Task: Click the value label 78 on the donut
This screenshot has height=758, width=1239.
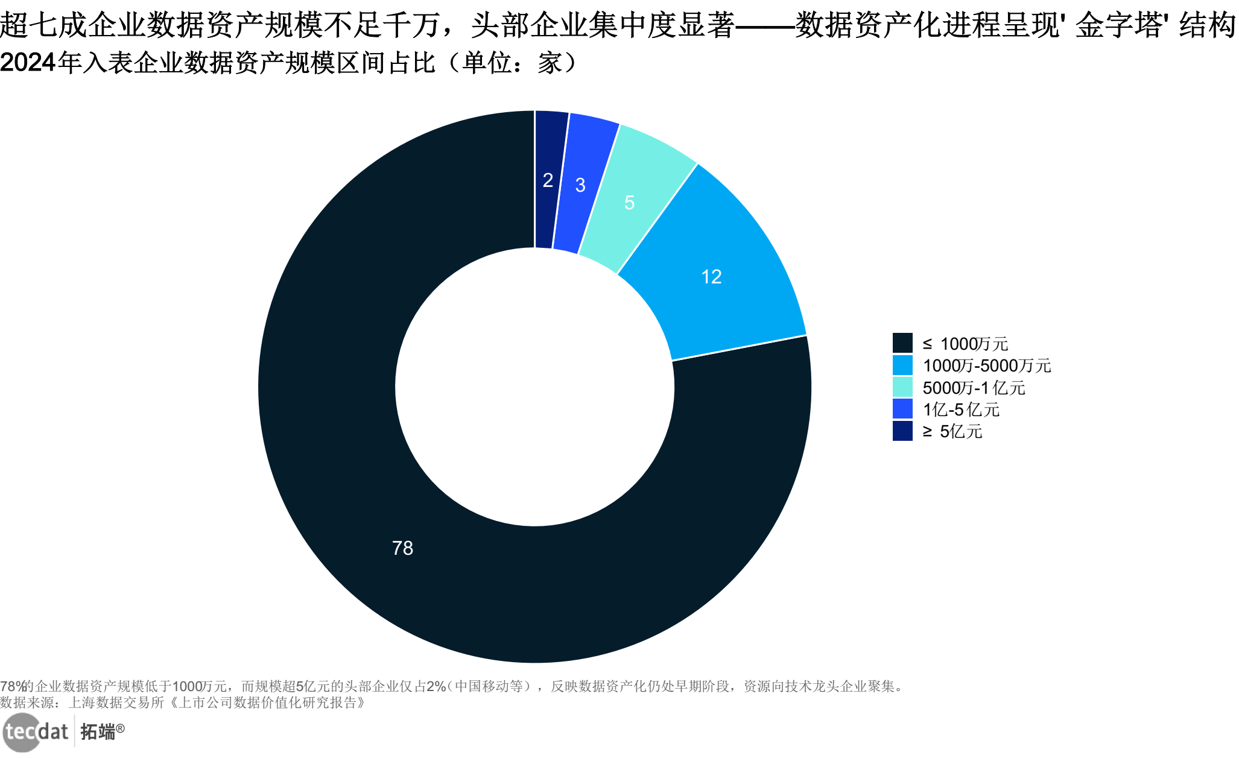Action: (x=402, y=548)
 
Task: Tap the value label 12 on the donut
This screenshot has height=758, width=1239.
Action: (x=711, y=277)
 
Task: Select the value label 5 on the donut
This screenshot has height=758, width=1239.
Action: (x=629, y=203)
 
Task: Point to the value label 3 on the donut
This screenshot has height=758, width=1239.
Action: (x=580, y=185)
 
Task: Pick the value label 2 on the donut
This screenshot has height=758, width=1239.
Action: (x=548, y=180)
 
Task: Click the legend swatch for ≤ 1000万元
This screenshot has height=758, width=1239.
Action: (x=902, y=343)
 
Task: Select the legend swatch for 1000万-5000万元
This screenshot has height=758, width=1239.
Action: (x=902, y=365)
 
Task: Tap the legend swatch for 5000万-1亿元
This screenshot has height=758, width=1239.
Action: (x=902, y=387)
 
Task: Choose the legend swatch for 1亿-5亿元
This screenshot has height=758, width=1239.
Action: (x=902, y=409)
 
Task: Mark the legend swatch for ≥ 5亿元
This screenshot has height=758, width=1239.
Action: (x=902, y=431)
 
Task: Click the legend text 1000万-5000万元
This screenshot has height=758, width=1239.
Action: (x=987, y=365)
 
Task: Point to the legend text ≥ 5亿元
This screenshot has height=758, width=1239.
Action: (x=952, y=431)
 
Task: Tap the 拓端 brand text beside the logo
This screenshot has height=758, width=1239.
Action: (x=98, y=732)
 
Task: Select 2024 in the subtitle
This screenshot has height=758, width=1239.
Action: (x=28, y=63)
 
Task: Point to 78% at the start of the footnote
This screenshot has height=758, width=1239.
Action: (x=12, y=686)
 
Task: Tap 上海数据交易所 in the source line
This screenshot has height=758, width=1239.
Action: (x=116, y=703)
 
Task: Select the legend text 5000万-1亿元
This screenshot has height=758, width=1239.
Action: (x=974, y=387)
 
